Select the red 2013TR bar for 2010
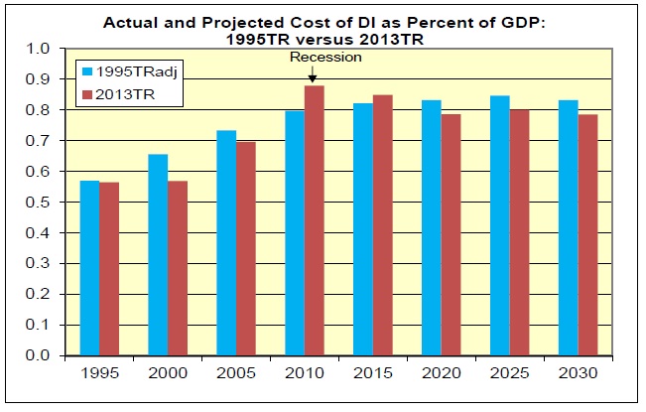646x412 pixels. [313, 220]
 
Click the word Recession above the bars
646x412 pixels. [325, 58]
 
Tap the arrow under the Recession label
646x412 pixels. [313, 75]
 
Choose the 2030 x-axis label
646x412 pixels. [578, 375]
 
